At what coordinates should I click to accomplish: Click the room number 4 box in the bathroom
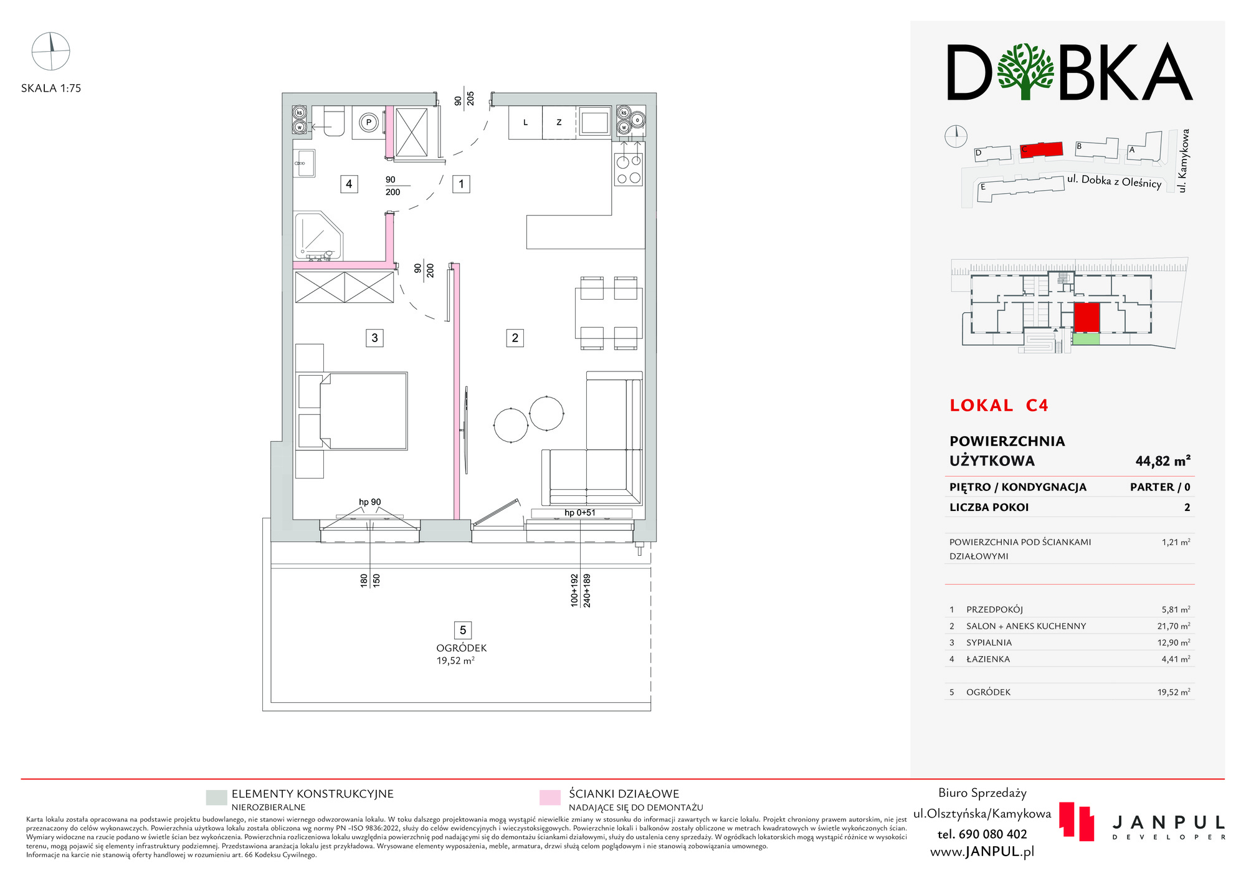[349, 184]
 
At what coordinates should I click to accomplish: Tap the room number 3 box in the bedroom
[374, 338]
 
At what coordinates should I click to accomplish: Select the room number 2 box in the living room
[515, 338]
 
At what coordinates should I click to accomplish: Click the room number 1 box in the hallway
[461, 184]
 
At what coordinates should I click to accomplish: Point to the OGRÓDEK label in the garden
[462, 648]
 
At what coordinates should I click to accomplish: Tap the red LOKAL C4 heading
[999, 406]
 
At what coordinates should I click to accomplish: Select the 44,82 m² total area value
[1163, 461]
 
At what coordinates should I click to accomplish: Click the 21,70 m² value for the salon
[1174, 626]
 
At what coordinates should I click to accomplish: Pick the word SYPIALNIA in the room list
[989, 642]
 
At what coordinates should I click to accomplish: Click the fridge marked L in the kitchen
[525, 122]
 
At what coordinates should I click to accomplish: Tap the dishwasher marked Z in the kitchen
[559, 122]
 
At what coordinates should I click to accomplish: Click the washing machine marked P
[369, 123]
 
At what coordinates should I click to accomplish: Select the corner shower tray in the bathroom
[318, 237]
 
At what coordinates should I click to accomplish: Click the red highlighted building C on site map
[1041, 149]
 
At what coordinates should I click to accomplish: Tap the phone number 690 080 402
[982, 834]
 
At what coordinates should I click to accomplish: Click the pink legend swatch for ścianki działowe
[549, 798]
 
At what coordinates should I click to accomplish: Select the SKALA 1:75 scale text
[51, 88]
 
